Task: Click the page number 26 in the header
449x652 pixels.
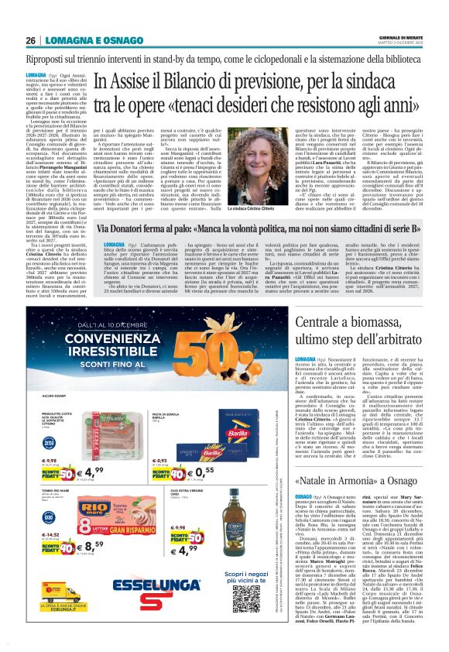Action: point(30,41)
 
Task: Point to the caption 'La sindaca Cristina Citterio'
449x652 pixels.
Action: point(247,209)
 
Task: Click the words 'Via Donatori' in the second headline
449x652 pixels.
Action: point(132,230)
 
